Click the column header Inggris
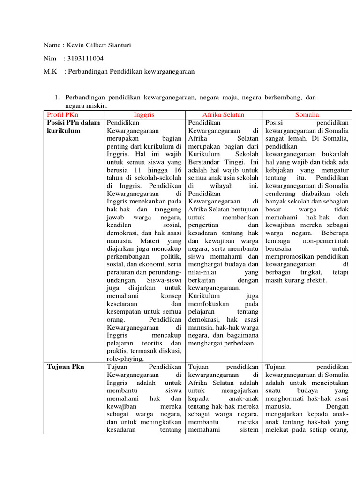pos(144,114)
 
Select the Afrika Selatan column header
pos(223,114)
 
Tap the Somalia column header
pos(307,114)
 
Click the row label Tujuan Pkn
pos(66,367)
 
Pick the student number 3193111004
pos(86,59)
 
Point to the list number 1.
pos(56,97)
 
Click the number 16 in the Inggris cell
pos(177,170)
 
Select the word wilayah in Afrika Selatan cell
pos(223,185)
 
